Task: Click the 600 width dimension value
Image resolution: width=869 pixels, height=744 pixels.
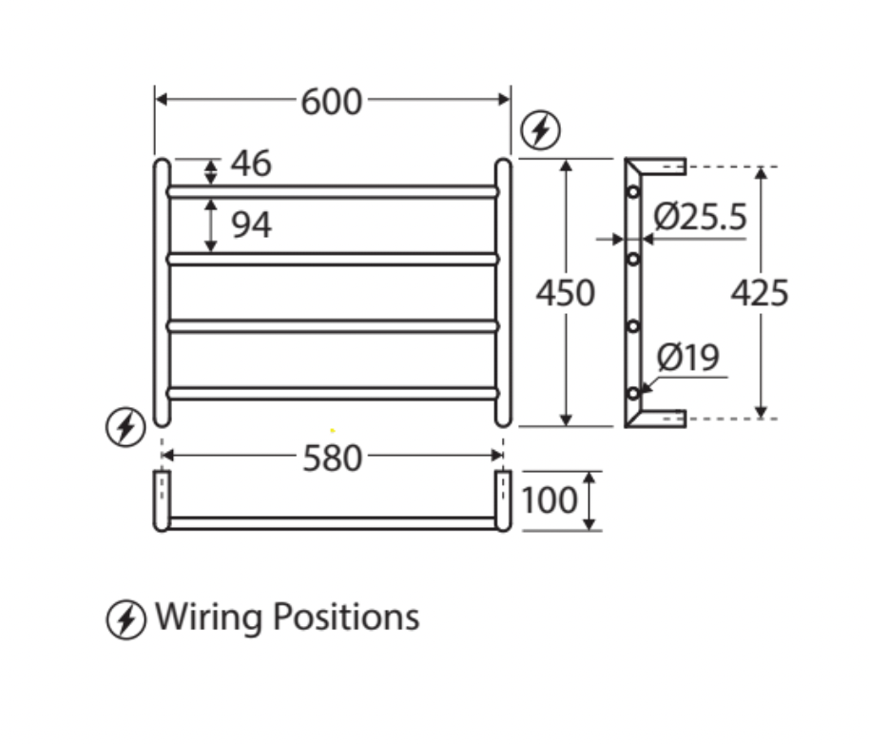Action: (332, 101)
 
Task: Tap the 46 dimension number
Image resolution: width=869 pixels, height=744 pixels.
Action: (251, 164)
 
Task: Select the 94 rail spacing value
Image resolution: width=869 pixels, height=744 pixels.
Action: (251, 225)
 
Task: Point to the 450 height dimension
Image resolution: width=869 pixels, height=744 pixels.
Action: (565, 293)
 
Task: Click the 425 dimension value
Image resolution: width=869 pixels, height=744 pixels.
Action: (760, 294)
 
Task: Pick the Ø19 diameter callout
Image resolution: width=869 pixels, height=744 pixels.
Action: (688, 359)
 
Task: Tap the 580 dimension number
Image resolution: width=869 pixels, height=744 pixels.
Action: (333, 459)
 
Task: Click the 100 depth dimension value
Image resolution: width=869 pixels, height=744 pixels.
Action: (550, 499)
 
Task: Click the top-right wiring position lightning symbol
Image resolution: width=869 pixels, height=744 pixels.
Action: (542, 131)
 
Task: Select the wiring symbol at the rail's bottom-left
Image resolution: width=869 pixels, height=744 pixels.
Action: (125, 426)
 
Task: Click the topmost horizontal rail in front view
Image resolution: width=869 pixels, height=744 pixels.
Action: (333, 192)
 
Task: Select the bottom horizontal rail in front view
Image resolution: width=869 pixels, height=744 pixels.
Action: (333, 392)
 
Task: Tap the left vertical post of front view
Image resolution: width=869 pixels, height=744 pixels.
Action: (163, 292)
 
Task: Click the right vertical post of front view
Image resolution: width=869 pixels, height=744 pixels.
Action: (503, 292)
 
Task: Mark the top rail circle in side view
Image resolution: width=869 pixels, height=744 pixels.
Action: (633, 192)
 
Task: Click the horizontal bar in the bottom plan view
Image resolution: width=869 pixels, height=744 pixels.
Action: (333, 522)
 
